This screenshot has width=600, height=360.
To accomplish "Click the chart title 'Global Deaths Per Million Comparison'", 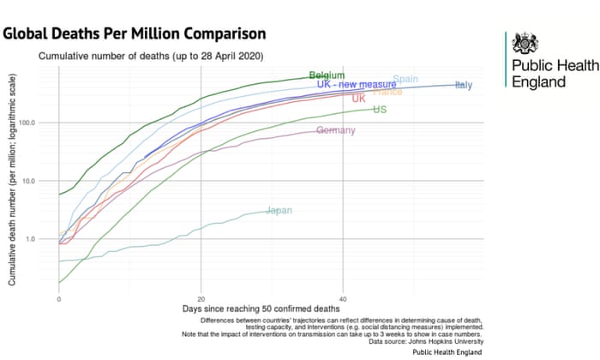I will (135, 33).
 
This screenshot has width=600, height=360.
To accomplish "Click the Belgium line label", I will (327, 75).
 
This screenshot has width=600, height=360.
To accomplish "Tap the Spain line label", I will (405, 80).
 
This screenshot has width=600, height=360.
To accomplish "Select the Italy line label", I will (464, 85).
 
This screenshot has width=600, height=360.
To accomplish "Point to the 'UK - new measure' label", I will (357, 85).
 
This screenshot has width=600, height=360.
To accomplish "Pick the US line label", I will (380, 110).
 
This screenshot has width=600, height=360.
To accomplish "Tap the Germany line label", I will (336, 130).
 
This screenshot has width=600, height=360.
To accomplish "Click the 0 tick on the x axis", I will (58, 298).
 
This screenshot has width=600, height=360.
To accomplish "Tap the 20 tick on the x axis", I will (201, 298).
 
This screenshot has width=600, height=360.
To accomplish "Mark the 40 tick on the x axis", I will (343, 298).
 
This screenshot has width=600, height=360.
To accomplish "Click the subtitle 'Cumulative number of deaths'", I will (150, 57).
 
